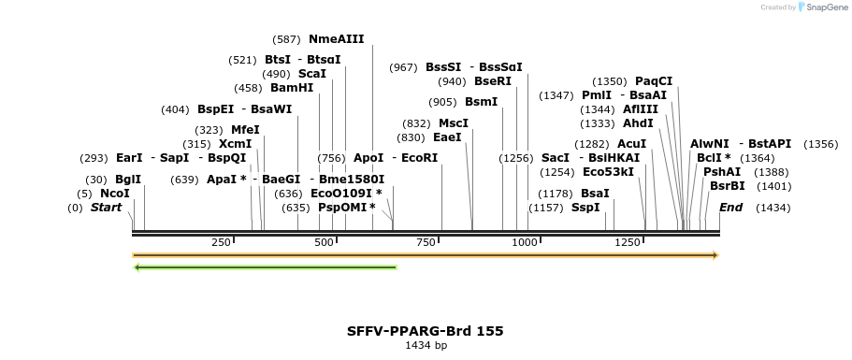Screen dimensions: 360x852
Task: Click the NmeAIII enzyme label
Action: [336, 39]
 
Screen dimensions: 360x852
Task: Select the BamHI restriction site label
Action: [292, 88]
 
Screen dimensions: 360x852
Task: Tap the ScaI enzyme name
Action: [311, 74]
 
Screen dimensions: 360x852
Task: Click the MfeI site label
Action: [245, 130]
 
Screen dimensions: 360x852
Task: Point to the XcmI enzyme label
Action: [235, 144]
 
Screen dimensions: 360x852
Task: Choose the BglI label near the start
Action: [128, 180]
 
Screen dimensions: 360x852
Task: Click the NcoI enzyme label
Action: [114, 194]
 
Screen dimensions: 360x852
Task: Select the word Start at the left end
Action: [106, 208]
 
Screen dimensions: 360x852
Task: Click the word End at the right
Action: [730, 208]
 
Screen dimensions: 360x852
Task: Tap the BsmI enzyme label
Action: [481, 102]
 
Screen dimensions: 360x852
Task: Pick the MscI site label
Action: [454, 123]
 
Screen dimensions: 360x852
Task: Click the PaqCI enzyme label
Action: [654, 81]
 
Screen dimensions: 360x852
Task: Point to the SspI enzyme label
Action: [585, 208]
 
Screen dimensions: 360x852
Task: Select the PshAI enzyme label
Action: [721, 172]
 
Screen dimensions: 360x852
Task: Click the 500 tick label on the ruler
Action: [324, 243]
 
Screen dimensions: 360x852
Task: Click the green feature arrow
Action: [266, 267]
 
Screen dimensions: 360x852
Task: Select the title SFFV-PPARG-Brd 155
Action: [425, 331]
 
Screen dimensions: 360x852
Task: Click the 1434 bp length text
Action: [426, 346]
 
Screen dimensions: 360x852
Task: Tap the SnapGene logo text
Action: [822, 7]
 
